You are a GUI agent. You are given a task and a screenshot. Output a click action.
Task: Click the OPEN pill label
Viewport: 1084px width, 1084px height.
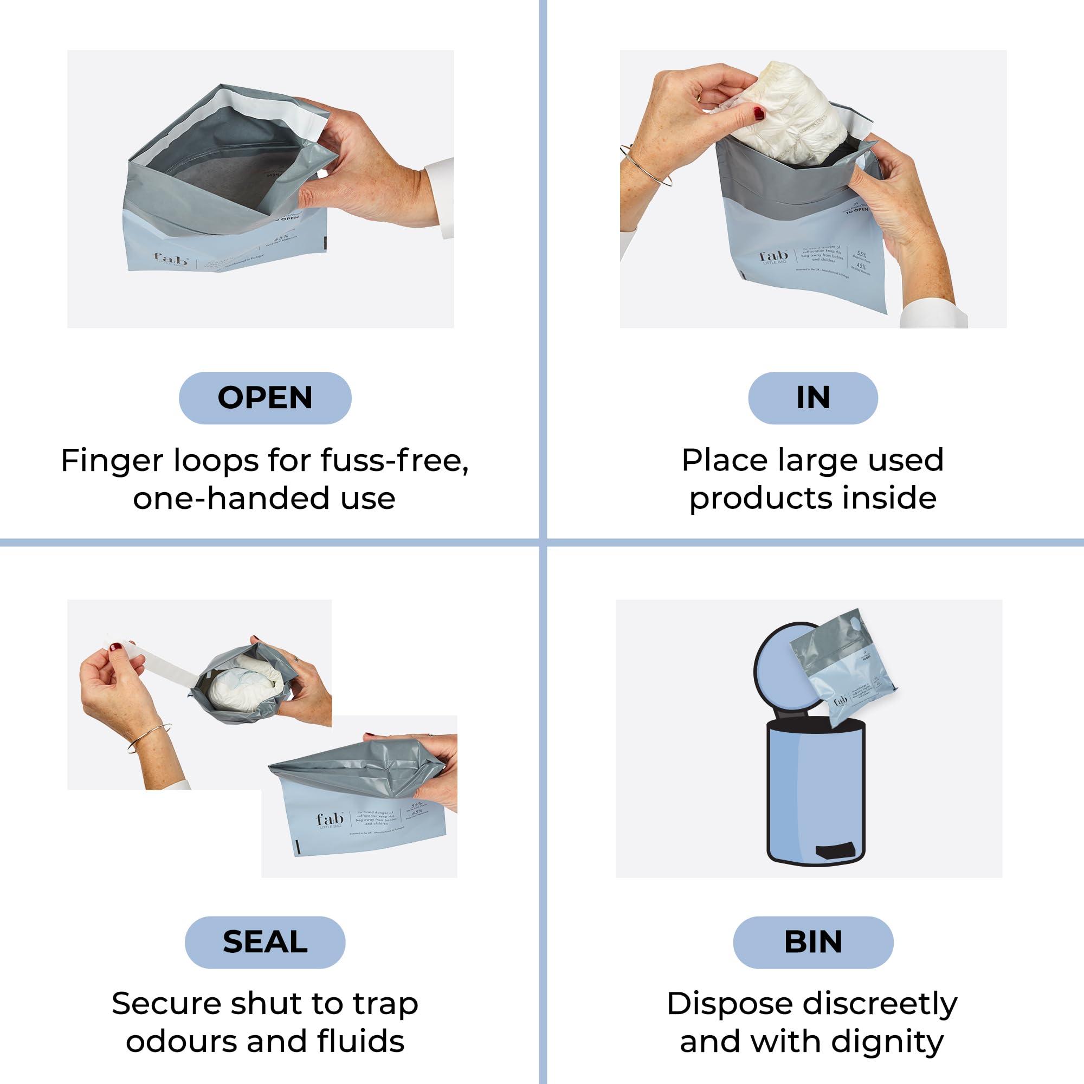(265, 398)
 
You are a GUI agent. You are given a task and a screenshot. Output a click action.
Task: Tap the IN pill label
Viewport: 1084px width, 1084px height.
(812, 398)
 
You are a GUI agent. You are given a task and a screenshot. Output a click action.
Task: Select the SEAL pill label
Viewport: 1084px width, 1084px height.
(265, 941)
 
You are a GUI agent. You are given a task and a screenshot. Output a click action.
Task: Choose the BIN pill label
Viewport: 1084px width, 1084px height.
(812, 941)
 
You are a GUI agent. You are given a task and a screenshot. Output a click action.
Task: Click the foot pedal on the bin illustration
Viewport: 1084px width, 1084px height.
(838, 851)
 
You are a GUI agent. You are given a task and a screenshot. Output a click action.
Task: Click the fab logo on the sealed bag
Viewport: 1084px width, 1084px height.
(330, 820)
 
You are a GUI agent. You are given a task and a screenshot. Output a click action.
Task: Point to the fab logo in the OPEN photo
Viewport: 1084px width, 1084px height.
(172, 260)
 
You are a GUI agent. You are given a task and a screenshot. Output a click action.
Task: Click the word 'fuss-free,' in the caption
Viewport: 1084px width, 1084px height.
(395, 461)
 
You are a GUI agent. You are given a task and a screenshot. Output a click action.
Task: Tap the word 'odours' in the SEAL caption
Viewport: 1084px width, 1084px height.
(182, 1041)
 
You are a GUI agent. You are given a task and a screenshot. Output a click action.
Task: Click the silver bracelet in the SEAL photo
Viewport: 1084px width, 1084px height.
(149, 737)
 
